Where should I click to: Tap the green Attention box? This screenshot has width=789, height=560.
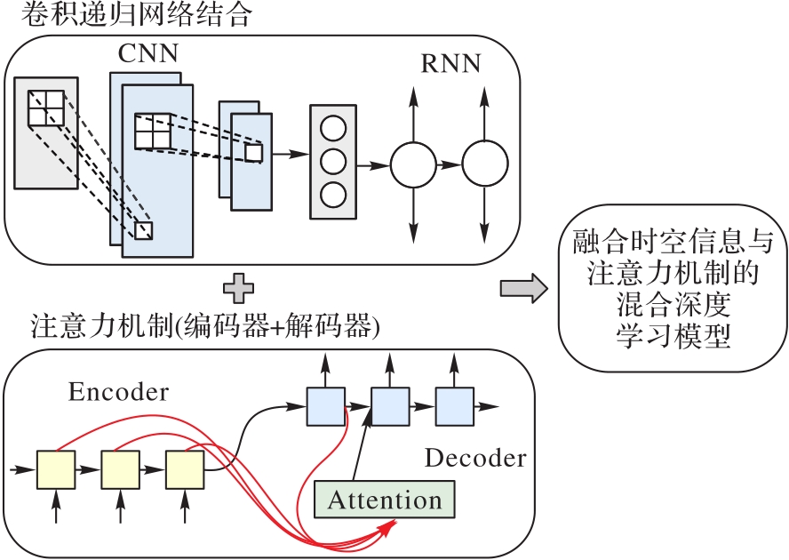(385, 500)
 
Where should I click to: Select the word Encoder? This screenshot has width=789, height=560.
(117, 392)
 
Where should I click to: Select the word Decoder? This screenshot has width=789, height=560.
(475, 459)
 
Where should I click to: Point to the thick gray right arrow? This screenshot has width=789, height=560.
(521, 287)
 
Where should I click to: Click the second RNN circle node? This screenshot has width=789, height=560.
(485, 164)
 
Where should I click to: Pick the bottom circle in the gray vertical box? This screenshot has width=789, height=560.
(331, 194)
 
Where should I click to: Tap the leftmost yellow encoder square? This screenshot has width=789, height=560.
(55, 469)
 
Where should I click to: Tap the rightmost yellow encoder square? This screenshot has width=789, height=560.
(185, 469)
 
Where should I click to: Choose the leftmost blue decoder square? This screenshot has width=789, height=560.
(324, 406)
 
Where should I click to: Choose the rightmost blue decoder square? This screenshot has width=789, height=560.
(454, 406)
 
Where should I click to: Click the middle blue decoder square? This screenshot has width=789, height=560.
(389, 406)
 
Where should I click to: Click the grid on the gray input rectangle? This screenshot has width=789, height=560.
(44, 108)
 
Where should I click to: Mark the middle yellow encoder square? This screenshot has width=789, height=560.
(120, 469)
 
